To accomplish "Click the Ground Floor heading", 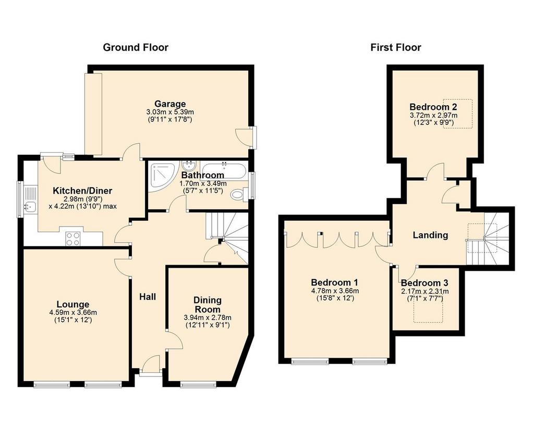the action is click(x=136, y=47).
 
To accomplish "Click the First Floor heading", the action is click(x=396, y=47).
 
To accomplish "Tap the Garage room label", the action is click(x=171, y=104).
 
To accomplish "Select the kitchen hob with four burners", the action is click(x=73, y=238).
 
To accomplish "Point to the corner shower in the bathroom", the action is click(x=163, y=175).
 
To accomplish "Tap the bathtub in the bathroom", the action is click(x=223, y=171).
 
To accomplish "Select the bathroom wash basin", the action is click(x=188, y=166).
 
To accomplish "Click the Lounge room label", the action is click(x=73, y=305).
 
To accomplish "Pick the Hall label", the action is click(x=148, y=297).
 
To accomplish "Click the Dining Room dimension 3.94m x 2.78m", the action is click(x=208, y=318).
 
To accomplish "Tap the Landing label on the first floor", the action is click(x=430, y=235).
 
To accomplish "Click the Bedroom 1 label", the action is click(x=334, y=283).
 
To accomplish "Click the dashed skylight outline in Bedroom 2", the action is click(x=458, y=114).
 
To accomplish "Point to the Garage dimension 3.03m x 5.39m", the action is click(x=170, y=112).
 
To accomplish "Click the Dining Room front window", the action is click(x=198, y=385).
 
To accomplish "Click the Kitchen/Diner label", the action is click(x=82, y=191).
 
